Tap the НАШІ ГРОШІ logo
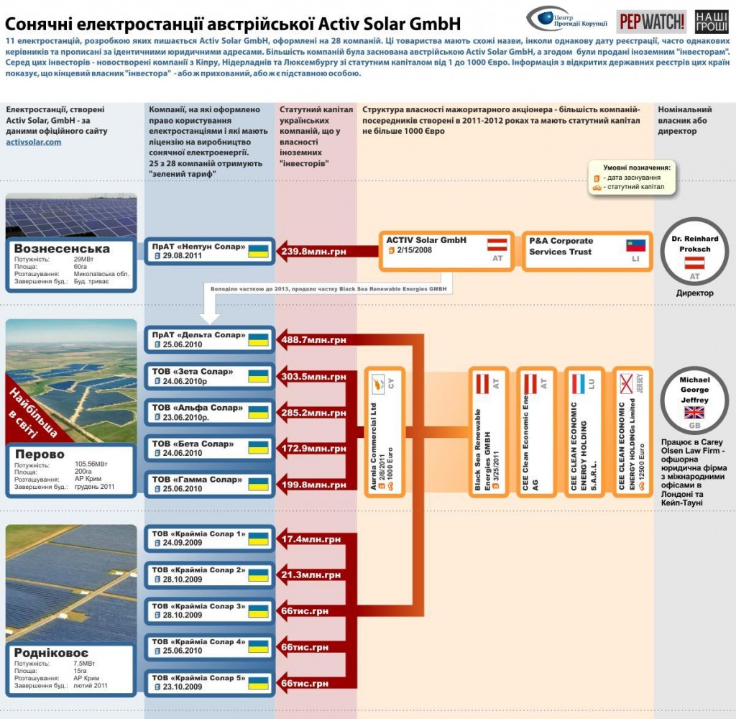[x=712, y=22]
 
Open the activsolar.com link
[x=33, y=142]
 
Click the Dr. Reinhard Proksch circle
[x=694, y=252]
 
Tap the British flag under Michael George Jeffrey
[x=694, y=412]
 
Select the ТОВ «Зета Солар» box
[x=209, y=377]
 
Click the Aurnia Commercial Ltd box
[x=385, y=431]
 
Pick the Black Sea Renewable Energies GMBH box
[x=489, y=431]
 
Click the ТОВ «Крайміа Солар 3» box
[x=209, y=610]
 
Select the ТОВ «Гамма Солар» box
[x=209, y=485]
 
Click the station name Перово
[x=40, y=454]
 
